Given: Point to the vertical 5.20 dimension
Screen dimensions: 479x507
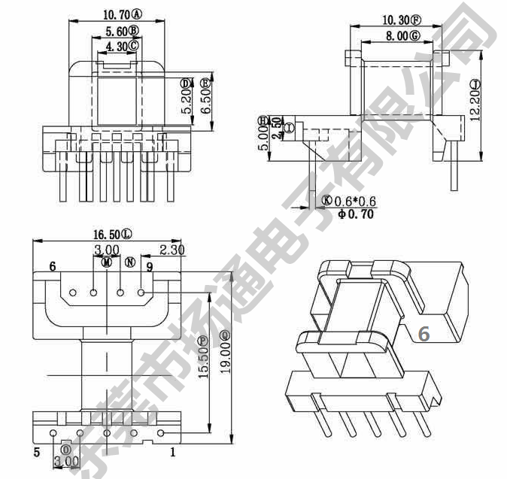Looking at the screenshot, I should [x=187, y=95].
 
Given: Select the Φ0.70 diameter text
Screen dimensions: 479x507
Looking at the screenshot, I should [x=355, y=214].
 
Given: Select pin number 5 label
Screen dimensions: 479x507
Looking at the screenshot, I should [x=36, y=452].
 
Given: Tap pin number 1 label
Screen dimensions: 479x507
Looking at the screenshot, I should [x=173, y=452].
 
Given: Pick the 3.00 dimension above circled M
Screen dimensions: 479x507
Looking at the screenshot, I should [x=106, y=250].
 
